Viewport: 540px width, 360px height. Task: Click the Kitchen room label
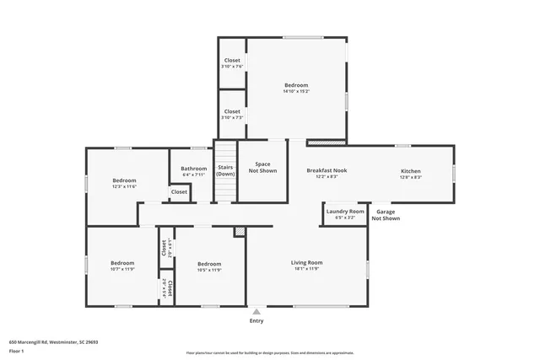pos(410,171)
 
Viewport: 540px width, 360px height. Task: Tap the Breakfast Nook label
pos(327,170)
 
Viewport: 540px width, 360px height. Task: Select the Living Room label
pos(307,262)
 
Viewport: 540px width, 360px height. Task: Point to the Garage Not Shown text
pos(387,215)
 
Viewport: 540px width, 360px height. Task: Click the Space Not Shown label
pos(262,167)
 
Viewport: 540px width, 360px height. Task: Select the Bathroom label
pos(193,169)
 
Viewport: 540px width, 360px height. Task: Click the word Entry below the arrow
pos(256,321)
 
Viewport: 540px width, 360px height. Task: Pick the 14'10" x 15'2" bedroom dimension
pos(296,91)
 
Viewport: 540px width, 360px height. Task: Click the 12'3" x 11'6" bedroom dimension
pos(124,186)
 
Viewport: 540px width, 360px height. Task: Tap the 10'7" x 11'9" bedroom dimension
pos(122,270)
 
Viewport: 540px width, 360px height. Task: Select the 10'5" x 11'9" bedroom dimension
pos(208,270)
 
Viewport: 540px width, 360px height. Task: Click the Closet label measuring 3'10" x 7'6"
pos(231,61)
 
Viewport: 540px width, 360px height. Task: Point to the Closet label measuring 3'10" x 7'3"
pos(231,111)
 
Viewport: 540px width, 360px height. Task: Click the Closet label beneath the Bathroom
pos(179,191)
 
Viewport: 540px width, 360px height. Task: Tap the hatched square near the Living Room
pos(239,231)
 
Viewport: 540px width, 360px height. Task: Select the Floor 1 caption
pos(16,350)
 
